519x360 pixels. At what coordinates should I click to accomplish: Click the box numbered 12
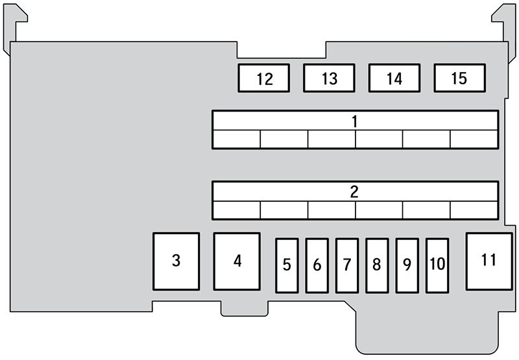pos(264,78)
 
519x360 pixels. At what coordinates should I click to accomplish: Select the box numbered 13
pos(329,78)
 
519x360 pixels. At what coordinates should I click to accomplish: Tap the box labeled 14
pos(394,78)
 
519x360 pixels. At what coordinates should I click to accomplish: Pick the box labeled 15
pos(459,78)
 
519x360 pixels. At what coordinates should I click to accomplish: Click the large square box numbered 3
pos(176,261)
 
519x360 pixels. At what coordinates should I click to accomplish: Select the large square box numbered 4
pos(237,261)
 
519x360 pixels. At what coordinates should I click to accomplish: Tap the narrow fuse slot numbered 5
pos(287,265)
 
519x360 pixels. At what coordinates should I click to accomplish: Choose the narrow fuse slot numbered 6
pos(317,265)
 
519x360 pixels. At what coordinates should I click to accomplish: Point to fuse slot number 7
pos(347,265)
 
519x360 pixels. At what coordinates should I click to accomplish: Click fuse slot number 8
pos(377,265)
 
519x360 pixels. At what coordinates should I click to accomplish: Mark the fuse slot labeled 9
pos(407,265)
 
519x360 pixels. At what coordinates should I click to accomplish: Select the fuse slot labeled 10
pos(437,265)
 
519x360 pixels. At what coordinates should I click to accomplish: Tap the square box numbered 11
pos(488,261)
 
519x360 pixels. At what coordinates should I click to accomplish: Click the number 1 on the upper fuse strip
pos(355,121)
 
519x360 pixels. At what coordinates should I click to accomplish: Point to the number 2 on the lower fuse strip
pos(355,192)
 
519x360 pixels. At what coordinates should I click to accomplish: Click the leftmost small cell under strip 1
pos(237,139)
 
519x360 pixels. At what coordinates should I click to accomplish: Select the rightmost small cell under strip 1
pos(474,139)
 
